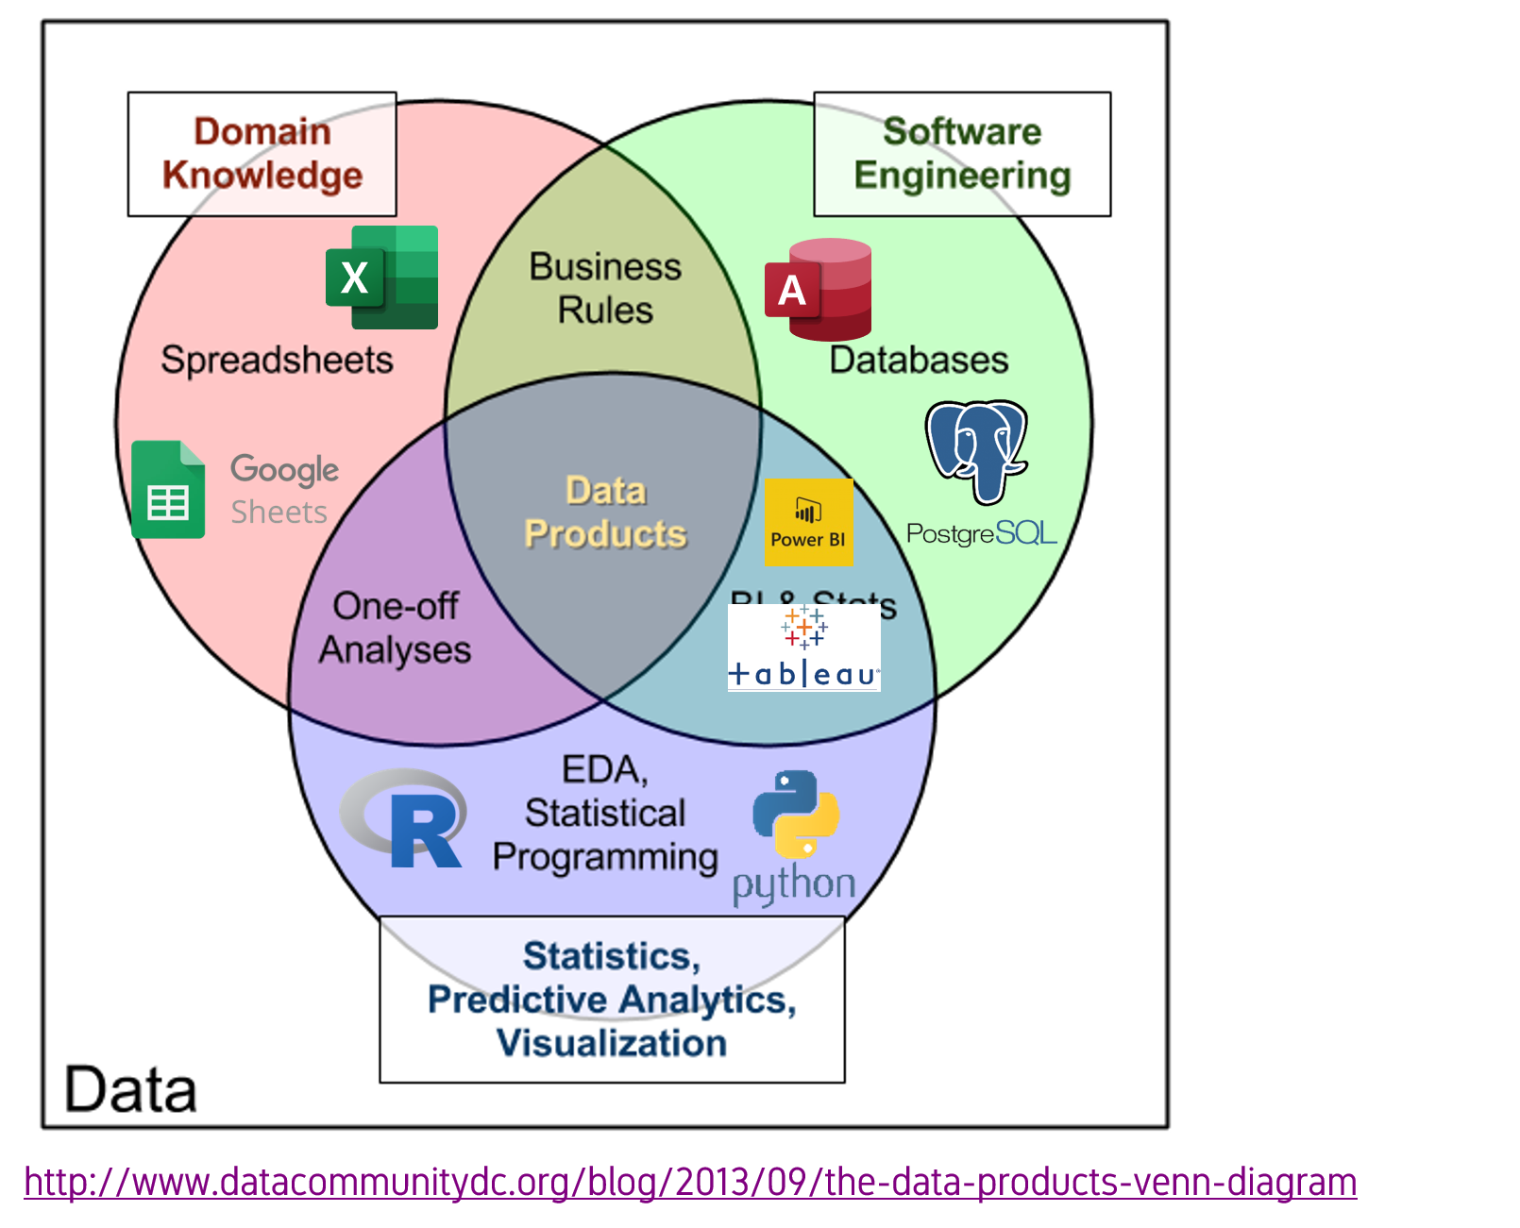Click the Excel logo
(x=381, y=278)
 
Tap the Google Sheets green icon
(x=168, y=490)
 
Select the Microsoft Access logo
(x=819, y=290)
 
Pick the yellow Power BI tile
(x=808, y=522)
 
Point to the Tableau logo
(x=803, y=648)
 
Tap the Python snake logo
(x=796, y=814)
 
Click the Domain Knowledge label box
(x=262, y=154)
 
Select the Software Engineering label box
(x=962, y=154)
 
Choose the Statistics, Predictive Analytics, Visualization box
(x=612, y=1000)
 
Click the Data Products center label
(x=605, y=513)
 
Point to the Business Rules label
(x=605, y=288)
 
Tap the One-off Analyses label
(x=396, y=628)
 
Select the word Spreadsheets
(x=277, y=360)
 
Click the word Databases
(x=919, y=360)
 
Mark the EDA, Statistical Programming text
(x=605, y=814)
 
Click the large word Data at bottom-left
(x=130, y=1089)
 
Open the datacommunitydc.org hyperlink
(x=690, y=1182)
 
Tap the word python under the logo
(x=794, y=884)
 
